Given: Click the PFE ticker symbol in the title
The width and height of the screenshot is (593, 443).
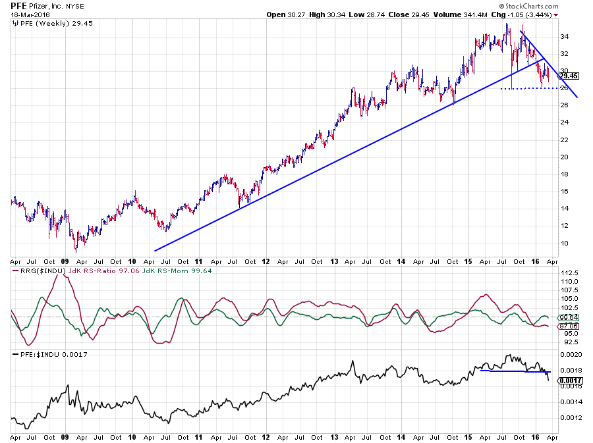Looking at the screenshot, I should coord(18,5).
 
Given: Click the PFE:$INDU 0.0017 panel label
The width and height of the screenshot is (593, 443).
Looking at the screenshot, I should coord(50,355).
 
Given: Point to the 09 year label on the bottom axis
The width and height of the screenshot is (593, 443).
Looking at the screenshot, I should coord(65,436).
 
